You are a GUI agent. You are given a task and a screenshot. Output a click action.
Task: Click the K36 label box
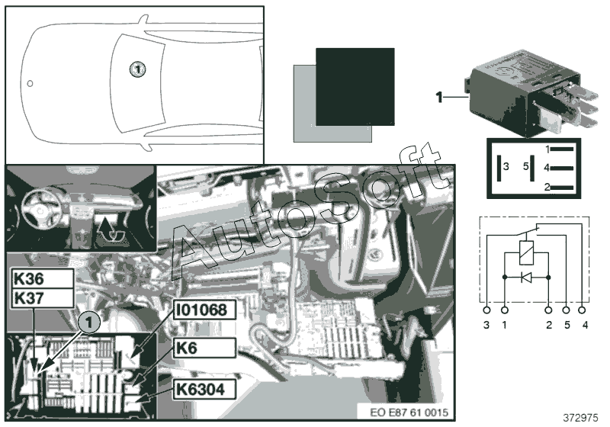(x=43, y=278)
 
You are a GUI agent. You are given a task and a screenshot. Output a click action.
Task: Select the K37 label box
(x=43, y=298)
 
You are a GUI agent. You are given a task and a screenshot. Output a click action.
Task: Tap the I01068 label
(x=204, y=310)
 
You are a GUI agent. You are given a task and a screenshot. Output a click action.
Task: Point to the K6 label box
(x=204, y=348)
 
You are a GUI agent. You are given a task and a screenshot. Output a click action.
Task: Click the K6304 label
(x=204, y=389)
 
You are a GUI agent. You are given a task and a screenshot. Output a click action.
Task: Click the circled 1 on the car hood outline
(x=137, y=69)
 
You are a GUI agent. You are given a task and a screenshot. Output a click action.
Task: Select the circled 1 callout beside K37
(x=89, y=323)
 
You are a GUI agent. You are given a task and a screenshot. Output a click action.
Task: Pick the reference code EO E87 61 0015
(x=409, y=413)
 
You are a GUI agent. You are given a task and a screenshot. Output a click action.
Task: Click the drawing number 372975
(x=580, y=418)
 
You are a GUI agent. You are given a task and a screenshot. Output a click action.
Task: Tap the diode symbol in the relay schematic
(x=526, y=278)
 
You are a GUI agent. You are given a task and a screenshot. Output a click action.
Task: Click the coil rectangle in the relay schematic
(x=526, y=252)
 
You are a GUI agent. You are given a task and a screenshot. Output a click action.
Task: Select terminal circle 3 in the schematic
(x=486, y=310)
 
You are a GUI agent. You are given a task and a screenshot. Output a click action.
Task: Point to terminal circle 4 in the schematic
(x=582, y=310)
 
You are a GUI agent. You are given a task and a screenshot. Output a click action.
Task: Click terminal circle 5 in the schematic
(x=566, y=310)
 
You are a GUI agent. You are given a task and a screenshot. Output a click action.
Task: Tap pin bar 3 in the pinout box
(x=499, y=168)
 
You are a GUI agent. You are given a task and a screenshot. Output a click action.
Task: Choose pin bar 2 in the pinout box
(x=562, y=188)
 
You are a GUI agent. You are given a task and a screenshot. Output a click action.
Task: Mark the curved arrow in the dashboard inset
(x=110, y=230)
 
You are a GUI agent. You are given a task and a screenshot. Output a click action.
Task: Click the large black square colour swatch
(x=355, y=87)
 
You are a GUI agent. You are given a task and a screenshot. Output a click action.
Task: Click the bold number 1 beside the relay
(x=439, y=97)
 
